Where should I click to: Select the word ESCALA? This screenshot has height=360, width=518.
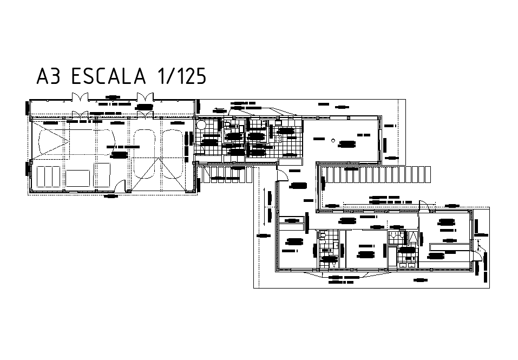point(108,76)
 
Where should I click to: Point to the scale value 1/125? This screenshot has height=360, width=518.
point(181,76)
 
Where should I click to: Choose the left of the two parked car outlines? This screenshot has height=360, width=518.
point(145,154)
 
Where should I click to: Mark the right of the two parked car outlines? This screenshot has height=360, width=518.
point(173,154)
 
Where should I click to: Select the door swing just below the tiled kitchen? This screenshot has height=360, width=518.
point(282,174)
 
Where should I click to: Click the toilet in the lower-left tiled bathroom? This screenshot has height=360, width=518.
point(323,235)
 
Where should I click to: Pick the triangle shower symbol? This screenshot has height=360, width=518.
point(412,237)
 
